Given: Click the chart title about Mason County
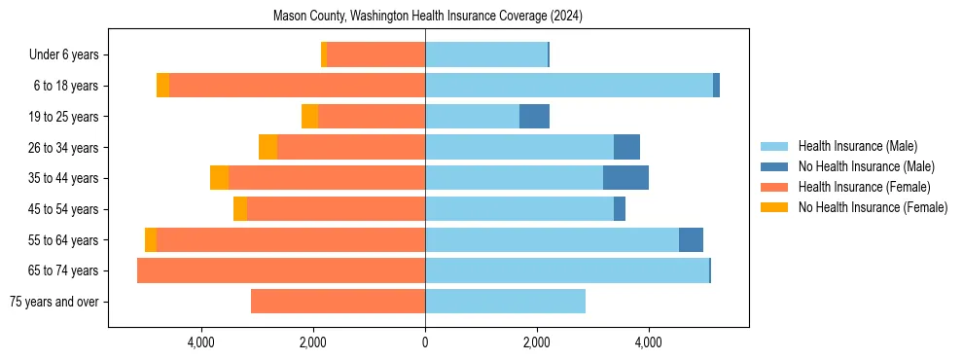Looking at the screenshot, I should point(428,16).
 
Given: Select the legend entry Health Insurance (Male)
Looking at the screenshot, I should point(857,146).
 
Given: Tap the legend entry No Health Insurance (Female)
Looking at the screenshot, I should point(873,207).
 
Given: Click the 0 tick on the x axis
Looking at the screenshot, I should point(425,343).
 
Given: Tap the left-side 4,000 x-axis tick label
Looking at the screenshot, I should point(201,343).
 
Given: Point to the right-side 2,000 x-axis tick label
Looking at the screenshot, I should point(537,343).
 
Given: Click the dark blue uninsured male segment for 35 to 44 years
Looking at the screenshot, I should point(625,178).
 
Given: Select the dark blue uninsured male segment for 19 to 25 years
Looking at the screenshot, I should point(534,117).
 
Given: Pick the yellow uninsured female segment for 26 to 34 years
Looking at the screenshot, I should point(267,147).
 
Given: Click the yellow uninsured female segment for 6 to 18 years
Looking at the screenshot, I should point(162,86).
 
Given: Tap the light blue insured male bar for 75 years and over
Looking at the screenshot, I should point(505,302).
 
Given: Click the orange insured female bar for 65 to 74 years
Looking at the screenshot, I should point(281,270).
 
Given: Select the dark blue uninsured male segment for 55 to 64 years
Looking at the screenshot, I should point(691,239).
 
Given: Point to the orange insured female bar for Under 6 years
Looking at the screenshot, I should point(375,55).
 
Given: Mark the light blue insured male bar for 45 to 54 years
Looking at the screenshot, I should point(519,209).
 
